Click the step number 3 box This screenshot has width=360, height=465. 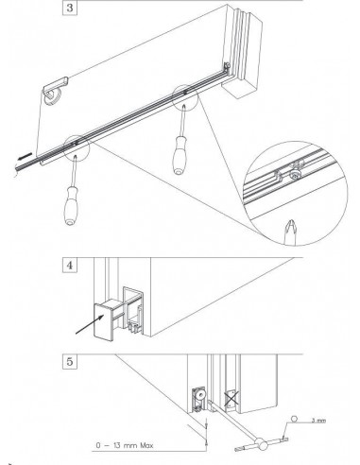click(x=70, y=8)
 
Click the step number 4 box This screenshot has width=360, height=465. click(x=70, y=266)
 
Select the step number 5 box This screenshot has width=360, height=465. click(x=70, y=361)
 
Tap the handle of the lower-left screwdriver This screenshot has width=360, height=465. click(x=70, y=206)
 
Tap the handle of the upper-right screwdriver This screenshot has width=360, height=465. click(x=180, y=155)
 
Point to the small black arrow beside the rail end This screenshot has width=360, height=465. click(x=26, y=156)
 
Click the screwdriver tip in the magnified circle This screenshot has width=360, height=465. click(x=290, y=231)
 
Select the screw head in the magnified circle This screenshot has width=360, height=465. click(x=295, y=176)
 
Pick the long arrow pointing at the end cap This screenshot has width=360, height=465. click(x=90, y=323)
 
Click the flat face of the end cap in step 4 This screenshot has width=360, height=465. click(x=103, y=322)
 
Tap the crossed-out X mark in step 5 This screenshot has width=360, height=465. click(x=231, y=398)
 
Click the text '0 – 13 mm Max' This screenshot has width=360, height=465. click(x=125, y=445)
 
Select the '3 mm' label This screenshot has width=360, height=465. click(x=318, y=421)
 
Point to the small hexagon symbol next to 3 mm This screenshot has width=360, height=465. click(x=295, y=419)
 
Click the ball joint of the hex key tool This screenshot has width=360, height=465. click(x=262, y=444)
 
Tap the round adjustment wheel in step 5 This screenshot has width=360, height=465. click(x=199, y=395)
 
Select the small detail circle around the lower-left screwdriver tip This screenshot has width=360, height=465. click(x=77, y=148)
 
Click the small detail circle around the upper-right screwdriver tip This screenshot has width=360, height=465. click(x=185, y=97)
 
